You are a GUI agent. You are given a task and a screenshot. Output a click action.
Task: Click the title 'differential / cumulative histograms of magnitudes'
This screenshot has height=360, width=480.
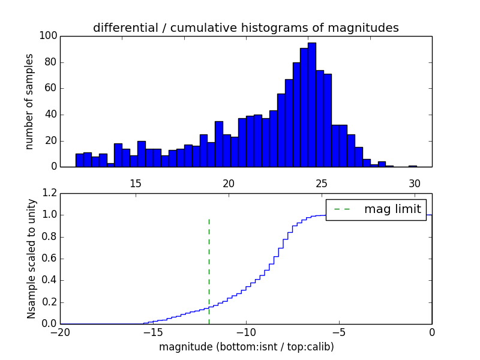point(246,28)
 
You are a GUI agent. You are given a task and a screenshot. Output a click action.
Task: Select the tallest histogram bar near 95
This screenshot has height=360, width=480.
point(312,105)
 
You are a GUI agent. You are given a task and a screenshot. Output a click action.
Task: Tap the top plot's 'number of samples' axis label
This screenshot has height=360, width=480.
point(29,101)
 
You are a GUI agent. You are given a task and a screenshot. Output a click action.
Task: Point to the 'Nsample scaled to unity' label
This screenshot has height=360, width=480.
point(31,258)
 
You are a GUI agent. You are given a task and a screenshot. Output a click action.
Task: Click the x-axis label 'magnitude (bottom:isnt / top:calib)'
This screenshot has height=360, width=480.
point(246,347)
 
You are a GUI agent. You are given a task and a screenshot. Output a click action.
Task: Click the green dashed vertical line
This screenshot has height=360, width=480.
point(209,270)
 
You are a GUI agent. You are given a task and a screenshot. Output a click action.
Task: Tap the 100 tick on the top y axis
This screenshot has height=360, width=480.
point(49,36)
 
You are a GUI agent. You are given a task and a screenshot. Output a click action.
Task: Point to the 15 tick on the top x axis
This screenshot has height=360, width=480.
point(135,183)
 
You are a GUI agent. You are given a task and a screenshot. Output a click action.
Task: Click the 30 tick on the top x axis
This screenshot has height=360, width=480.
point(413,183)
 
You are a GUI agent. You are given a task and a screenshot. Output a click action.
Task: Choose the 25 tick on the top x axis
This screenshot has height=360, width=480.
point(321,183)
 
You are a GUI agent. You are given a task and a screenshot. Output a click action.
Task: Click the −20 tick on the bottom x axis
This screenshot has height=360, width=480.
point(61,332)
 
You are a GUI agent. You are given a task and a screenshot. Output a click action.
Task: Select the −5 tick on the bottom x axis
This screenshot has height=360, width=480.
point(339,332)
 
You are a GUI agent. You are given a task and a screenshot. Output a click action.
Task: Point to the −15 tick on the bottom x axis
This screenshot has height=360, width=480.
point(153,332)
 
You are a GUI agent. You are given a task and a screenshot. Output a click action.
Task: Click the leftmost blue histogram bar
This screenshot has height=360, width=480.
point(79,160)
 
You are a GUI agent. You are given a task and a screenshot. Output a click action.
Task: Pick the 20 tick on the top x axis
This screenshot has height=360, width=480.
point(228,183)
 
